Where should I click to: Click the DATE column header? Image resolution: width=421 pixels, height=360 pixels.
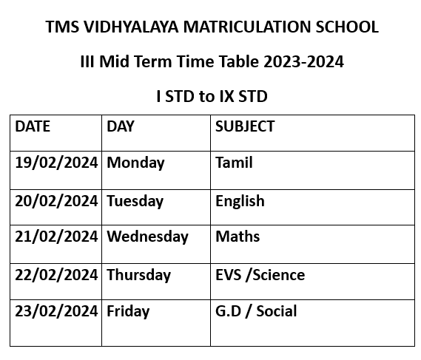tap(33, 126)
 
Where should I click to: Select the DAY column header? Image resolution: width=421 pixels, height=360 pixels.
tap(121, 126)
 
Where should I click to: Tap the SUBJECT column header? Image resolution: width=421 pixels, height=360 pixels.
tap(245, 126)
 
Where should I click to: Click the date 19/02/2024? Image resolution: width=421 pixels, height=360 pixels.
tap(56, 163)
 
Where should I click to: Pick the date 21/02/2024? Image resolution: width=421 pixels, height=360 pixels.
tap(56, 237)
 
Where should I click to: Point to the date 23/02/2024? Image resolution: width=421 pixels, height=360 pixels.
tap(56, 311)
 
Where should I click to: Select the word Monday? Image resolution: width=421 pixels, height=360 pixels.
tap(135, 163)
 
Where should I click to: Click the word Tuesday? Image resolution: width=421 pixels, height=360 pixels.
tap(135, 202)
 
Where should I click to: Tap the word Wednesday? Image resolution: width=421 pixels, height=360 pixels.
tap(148, 237)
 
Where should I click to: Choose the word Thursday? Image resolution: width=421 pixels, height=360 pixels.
tap(139, 275)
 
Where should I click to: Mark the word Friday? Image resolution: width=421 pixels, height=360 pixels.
tap(128, 311)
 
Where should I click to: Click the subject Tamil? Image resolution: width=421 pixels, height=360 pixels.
tap(234, 163)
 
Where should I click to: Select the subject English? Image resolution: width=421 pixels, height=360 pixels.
tap(240, 202)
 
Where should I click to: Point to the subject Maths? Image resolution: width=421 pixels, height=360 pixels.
tap(238, 237)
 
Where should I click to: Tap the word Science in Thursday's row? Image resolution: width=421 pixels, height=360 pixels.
tap(279, 275)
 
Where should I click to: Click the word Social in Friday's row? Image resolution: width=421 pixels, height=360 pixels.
tap(277, 311)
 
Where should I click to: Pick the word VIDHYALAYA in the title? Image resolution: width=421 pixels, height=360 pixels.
tap(131, 27)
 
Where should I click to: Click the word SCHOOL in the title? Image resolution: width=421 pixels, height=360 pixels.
tap(347, 27)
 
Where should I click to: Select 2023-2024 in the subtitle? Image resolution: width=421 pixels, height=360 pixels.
tap(303, 61)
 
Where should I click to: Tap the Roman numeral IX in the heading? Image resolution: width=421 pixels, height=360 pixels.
tap(226, 96)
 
